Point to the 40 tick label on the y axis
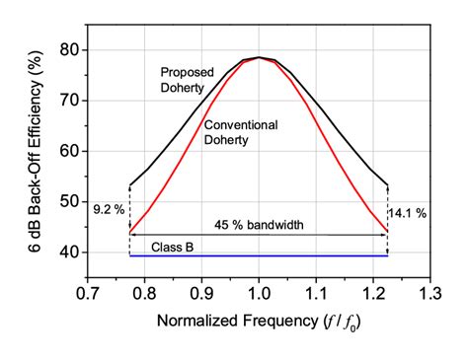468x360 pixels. pyautogui.click(x=68, y=252)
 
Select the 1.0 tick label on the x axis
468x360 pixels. pyautogui.click(x=259, y=293)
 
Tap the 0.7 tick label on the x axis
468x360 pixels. pyautogui.click(x=88, y=293)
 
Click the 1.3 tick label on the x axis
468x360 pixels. pyautogui.click(x=429, y=293)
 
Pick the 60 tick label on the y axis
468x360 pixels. pyautogui.click(x=68, y=151)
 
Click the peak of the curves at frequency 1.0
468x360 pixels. pyautogui.click(x=259, y=57)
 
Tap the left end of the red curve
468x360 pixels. pyautogui.click(x=130, y=231)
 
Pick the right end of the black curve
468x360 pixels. pyautogui.click(x=387, y=184)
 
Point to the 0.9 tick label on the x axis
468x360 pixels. pyautogui.click(x=201, y=293)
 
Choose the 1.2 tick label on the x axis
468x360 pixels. pyautogui.click(x=372, y=293)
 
